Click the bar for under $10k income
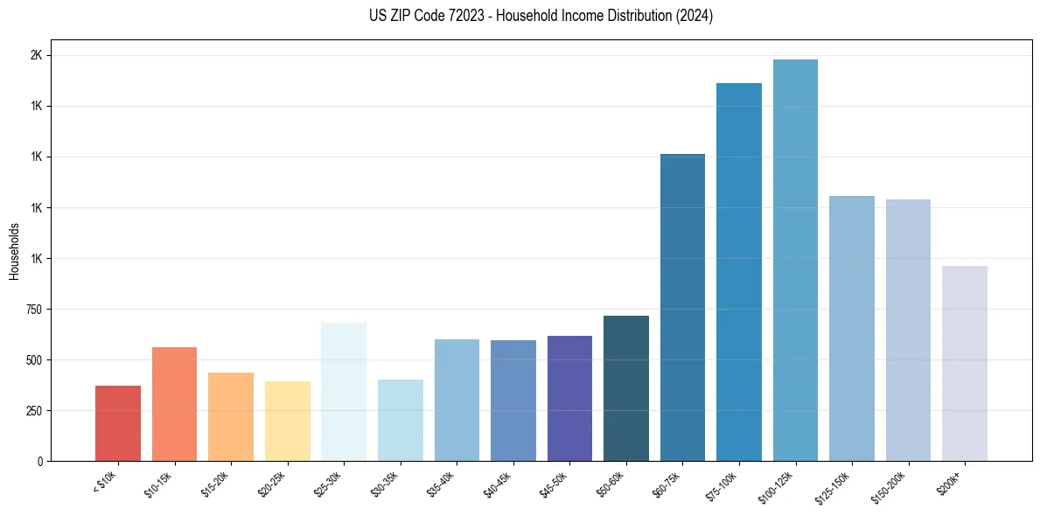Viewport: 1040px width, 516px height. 118,423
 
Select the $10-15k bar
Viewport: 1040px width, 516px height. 174,404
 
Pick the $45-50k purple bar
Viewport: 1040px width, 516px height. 569,398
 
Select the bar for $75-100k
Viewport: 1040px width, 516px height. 739,272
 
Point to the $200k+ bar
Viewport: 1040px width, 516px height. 964,363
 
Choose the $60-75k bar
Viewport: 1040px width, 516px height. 682,307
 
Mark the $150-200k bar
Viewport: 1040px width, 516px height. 908,330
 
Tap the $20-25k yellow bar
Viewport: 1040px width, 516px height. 287,421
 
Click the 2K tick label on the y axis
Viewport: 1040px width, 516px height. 37,55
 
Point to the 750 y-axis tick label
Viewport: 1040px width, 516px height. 32,309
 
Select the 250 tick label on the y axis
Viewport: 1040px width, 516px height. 32,410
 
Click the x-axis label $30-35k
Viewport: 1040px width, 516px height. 387,482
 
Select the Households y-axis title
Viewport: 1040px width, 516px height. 15,251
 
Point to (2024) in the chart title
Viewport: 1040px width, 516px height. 694,16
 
